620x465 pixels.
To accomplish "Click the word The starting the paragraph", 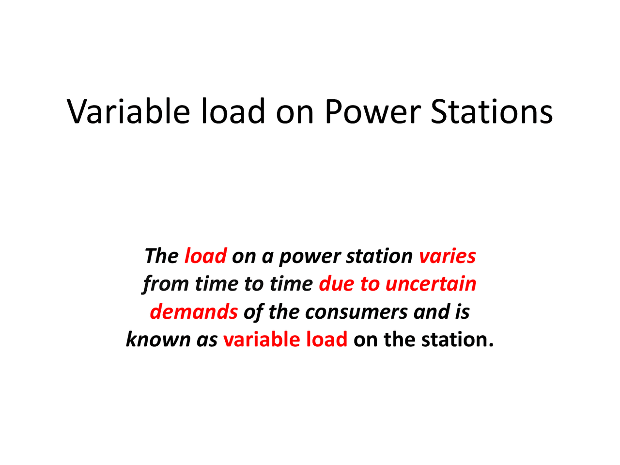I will (161, 256).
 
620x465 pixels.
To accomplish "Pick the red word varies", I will (447, 256).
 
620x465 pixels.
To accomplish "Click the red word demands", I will (194, 311).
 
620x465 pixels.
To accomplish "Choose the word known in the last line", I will (158, 339).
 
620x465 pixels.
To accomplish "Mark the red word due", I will (337, 284).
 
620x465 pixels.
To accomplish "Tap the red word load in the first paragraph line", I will (205, 256).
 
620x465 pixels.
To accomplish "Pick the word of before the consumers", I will (253, 311).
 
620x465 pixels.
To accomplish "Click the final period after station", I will (491, 345).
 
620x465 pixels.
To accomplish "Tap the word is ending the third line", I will (462, 311).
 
